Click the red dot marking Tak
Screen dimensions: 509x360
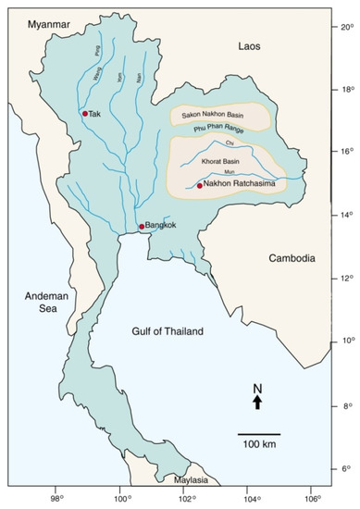[85, 114]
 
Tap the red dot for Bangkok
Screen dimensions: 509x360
[142, 226]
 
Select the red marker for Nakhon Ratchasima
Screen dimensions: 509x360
[199, 186]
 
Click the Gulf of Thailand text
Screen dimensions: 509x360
[168, 331]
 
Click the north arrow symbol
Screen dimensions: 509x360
[257, 400]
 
